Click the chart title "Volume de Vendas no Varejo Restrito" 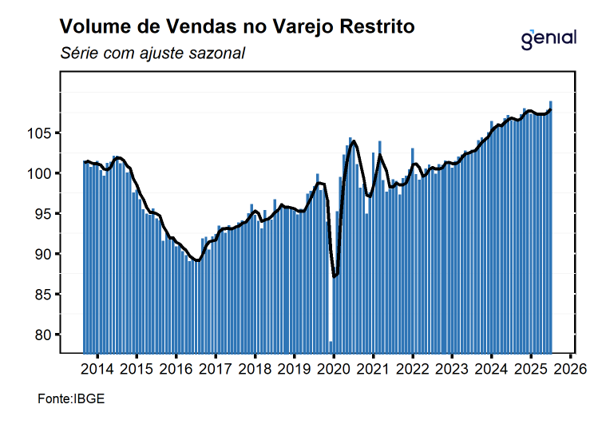click(237, 26)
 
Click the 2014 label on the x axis click(97, 370)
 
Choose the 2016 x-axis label click(176, 370)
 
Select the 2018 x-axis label click(255, 370)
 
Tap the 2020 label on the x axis click(334, 370)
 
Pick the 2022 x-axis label click(413, 370)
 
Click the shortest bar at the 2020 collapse click(331, 347)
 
